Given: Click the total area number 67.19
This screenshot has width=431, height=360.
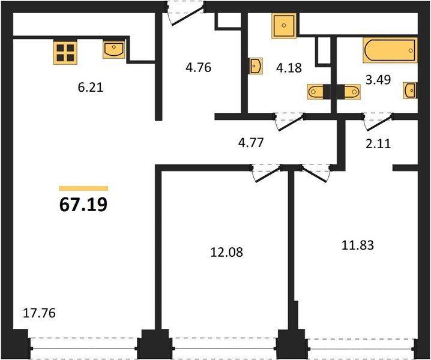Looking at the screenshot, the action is pyautogui.click(x=83, y=205).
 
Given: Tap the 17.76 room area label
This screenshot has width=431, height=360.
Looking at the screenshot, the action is pyautogui.click(x=39, y=313).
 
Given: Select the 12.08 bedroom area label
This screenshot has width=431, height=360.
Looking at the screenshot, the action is pyautogui.click(x=226, y=252).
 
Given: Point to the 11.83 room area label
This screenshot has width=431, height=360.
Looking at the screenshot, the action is pyautogui.click(x=358, y=245).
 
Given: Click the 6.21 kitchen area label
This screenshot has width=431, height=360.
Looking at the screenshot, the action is pyautogui.click(x=90, y=88).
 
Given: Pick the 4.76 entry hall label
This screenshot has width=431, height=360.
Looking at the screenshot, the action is pyautogui.click(x=198, y=67).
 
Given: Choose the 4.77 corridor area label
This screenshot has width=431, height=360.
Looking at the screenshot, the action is pyautogui.click(x=251, y=143).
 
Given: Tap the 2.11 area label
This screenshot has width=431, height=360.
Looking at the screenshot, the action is pyautogui.click(x=378, y=143).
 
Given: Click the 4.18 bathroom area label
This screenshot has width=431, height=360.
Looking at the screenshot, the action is pyautogui.click(x=289, y=68).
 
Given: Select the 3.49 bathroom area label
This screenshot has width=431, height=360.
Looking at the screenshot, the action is pyautogui.click(x=378, y=80).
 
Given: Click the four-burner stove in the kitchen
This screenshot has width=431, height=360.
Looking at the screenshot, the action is pyautogui.click(x=65, y=52).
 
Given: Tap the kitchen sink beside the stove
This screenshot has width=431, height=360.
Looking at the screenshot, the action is pyautogui.click(x=114, y=49).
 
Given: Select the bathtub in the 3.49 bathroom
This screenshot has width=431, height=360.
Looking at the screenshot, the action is pyautogui.click(x=390, y=50).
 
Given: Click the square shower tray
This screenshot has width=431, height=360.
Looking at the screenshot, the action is pyautogui.click(x=284, y=26).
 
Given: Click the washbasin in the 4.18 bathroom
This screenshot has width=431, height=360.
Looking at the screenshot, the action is pyautogui.click(x=256, y=66).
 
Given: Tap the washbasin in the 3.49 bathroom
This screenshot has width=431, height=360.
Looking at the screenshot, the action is pyautogui.click(x=410, y=90).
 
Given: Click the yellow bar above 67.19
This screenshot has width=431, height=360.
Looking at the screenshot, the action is pyautogui.click(x=83, y=188).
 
